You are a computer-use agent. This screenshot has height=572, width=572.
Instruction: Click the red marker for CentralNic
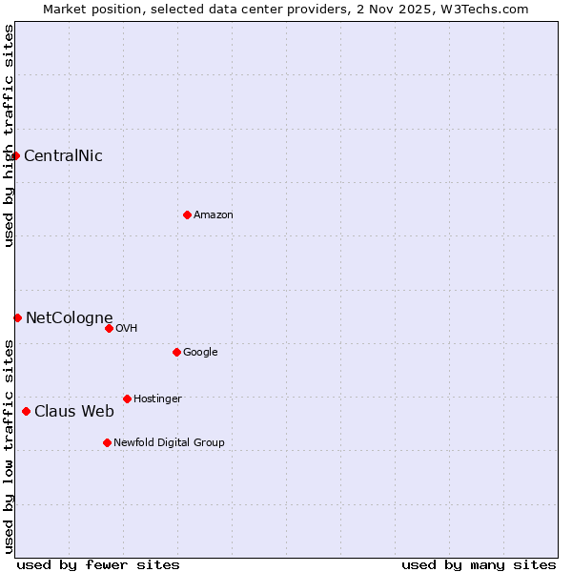pyautogui.click(x=16, y=155)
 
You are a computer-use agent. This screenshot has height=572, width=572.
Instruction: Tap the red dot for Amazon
pyautogui.click(x=187, y=214)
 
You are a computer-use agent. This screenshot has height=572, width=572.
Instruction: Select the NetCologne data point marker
pyautogui.click(x=17, y=317)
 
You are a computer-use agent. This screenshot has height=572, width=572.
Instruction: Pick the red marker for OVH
pyautogui.click(x=109, y=328)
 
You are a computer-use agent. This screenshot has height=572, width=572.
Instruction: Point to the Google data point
pyautogui.click(x=176, y=352)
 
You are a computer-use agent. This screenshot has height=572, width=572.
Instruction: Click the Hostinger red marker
pyautogui.click(x=127, y=398)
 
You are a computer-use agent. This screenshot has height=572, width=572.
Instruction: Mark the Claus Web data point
pyautogui.click(x=26, y=411)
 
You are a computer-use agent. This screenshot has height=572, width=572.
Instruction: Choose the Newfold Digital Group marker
pyautogui.click(x=107, y=442)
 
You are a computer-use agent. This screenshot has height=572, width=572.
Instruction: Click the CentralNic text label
pyautogui.click(x=63, y=155)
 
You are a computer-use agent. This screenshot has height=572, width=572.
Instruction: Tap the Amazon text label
pyautogui.click(x=214, y=214)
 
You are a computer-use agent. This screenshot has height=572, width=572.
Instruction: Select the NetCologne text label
pyautogui.click(x=69, y=317)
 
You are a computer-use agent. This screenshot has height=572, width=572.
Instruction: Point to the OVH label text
pyautogui.click(x=127, y=328)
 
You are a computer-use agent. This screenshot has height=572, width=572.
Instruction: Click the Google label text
pyautogui.click(x=200, y=352)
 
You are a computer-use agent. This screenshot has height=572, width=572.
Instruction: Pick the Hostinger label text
pyautogui.click(x=157, y=398)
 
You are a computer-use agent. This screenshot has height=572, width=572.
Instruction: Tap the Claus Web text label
pyautogui.click(x=74, y=411)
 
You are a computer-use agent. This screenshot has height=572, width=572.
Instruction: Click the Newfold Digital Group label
pyautogui.click(x=169, y=442)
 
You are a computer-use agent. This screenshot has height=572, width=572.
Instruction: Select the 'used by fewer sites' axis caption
pyautogui.click(x=98, y=564)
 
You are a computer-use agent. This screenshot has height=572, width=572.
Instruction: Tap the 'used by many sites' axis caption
pyautogui.click(x=479, y=564)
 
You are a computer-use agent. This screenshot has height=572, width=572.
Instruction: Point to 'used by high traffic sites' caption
pyautogui.click(x=9, y=135)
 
